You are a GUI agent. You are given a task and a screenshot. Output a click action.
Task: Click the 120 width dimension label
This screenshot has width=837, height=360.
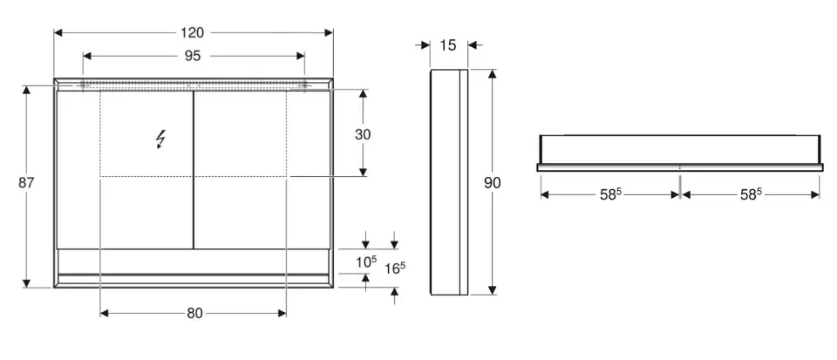[x=192, y=33]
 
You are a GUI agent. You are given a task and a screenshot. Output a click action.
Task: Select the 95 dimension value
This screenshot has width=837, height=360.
[x=193, y=56]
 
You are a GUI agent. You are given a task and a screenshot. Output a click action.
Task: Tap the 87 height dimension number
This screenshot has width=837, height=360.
[x=26, y=183]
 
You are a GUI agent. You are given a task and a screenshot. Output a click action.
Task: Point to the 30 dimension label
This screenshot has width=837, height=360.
[x=363, y=135]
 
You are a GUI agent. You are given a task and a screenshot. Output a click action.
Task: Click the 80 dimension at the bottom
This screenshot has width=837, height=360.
[x=194, y=314]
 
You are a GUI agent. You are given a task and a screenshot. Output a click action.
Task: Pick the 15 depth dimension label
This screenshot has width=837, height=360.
[x=449, y=45]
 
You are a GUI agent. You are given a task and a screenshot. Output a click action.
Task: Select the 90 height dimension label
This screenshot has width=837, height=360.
[x=492, y=183]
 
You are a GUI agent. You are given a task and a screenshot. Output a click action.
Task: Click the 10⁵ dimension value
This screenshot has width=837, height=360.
[x=367, y=262]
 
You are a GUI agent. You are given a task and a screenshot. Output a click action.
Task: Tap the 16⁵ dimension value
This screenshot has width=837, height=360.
[x=395, y=268]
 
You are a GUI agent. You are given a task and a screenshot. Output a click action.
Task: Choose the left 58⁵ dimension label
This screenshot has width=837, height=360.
[x=610, y=194]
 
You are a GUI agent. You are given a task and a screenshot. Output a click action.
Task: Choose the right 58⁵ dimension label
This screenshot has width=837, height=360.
[x=751, y=194]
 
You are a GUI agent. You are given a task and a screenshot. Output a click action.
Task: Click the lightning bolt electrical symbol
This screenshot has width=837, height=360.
[x=160, y=139]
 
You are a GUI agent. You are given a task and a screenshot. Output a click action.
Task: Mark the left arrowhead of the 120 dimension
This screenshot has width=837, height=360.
[x=58, y=33]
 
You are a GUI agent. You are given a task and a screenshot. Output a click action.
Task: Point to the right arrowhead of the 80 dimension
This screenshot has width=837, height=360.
[x=282, y=314]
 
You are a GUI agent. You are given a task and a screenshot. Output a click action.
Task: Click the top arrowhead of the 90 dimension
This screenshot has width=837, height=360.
[x=492, y=74]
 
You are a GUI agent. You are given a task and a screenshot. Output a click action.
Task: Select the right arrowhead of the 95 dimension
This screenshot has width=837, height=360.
[x=300, y=56]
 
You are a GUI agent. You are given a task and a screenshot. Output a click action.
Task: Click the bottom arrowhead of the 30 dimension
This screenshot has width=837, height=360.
[x=363, y=172]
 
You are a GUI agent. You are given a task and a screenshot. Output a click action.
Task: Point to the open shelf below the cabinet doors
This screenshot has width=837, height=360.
[x=194, y=262]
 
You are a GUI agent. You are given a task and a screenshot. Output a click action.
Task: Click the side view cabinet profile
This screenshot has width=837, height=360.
[x=450, y=182]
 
